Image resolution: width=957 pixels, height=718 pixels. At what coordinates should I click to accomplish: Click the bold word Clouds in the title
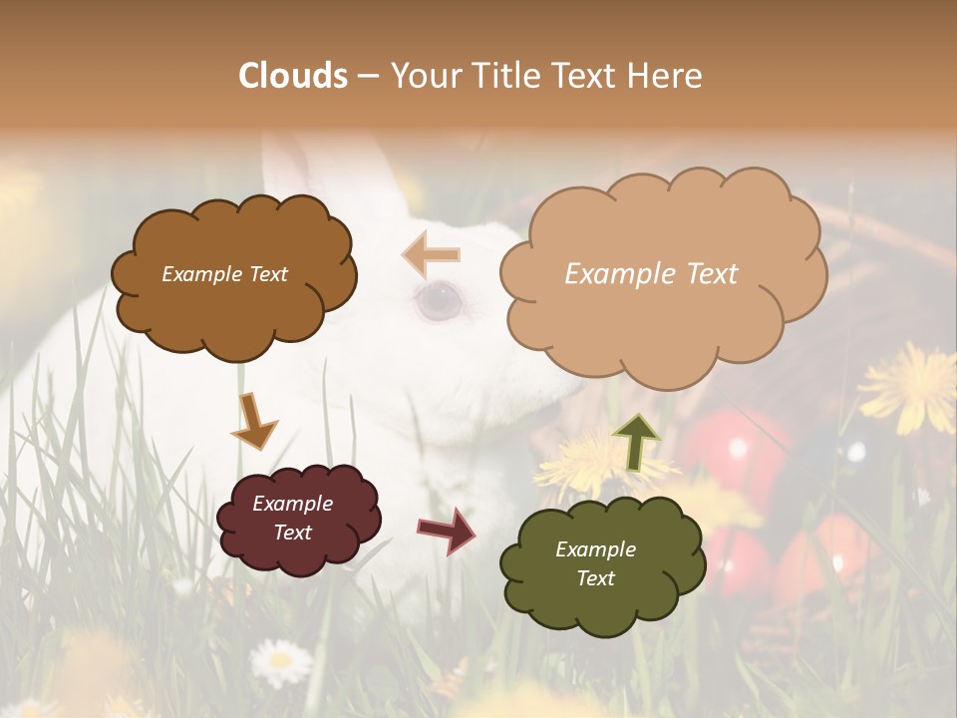pos(293,76)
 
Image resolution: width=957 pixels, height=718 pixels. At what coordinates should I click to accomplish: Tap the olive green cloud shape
pos(602,598)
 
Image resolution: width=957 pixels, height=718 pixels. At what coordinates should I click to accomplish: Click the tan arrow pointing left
pos(432,254)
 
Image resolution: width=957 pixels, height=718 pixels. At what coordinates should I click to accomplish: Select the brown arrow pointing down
pos(253,420)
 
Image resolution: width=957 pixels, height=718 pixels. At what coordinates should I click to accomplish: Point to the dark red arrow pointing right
pos(447,530)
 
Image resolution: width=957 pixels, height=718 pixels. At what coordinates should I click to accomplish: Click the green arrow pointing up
pos(636,442)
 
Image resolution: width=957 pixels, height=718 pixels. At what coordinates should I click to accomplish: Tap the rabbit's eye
pos(439,300)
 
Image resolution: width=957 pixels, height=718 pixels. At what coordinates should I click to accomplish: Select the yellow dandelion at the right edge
pos(909,387)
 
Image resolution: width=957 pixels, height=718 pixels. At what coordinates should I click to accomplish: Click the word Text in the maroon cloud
pos(293,533)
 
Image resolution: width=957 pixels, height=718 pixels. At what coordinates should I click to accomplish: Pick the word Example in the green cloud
pos(595,549)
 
